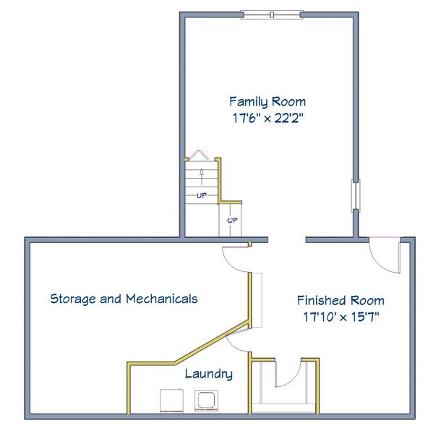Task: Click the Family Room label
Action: pos(267,102)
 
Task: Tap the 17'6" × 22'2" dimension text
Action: pos(267,118)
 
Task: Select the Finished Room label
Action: pos(341,300)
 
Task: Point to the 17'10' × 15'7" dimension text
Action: pos(341,317)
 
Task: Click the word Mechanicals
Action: pos(162,299)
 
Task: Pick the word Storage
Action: pos(73,299)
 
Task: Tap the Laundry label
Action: pos(209,374)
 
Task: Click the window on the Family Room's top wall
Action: pos(272,14)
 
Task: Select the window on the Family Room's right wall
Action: pos(356,195)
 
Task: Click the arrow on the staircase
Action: pos(202,176)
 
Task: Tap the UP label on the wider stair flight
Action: pos(202,195)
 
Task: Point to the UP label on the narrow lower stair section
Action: pos(232,221)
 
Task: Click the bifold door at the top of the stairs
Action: pos(198,155)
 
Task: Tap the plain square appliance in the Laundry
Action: pos(171,401)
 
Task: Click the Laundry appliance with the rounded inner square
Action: pos(206,401)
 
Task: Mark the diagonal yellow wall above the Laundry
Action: pos(213,342)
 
